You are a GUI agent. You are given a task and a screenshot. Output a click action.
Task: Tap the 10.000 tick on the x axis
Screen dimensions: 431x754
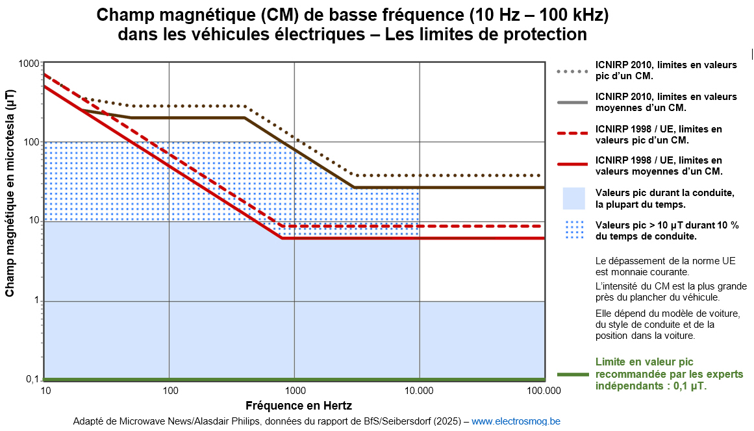click(x=419, y=390)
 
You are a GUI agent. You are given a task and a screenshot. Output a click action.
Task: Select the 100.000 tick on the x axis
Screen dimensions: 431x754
click(x=544, y=390)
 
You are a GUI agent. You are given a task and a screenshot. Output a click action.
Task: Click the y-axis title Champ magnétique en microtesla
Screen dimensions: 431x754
click(x=10, y=193)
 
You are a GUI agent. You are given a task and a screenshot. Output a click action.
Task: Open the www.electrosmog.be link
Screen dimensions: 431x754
click(x=515, y=421)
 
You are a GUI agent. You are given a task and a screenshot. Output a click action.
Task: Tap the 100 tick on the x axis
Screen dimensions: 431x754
click(x=170, y=390)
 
